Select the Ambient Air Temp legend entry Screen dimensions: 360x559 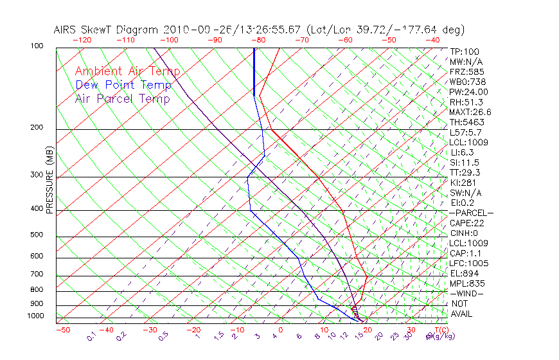127,71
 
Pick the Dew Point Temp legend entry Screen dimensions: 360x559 123,85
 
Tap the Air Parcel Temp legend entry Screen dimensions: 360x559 122,98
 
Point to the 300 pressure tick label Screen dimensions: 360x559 38,175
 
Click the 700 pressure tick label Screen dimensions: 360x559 38,274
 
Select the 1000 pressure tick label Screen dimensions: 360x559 36,316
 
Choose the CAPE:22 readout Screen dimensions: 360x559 465,223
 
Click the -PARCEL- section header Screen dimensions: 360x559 471,213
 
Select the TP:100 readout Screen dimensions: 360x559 464,51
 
